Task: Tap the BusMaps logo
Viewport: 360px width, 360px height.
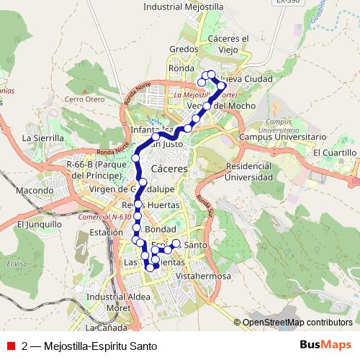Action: [x=325, y=345]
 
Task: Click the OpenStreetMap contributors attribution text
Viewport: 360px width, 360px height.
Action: [x=297, y=322]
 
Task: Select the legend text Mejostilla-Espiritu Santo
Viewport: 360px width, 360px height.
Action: [x=99, y=346]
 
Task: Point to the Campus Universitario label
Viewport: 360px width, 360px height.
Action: [x=282, y=136]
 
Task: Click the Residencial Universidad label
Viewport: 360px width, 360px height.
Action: [x=249, y=171]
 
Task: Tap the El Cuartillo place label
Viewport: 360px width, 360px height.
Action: [x=336, y=153]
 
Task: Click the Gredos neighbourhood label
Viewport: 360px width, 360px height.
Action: [x=179, y=49]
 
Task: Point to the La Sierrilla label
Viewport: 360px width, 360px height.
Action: [x=44, y=137]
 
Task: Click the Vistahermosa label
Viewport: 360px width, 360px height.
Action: [x=207, y=276]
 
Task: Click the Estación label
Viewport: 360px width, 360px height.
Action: [x=106, y=233]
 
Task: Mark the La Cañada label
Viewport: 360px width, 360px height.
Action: [x=115, y=328]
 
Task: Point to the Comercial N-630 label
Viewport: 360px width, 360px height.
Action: [x=104, y=216]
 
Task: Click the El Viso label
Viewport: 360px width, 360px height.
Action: [x=17, y=264]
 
